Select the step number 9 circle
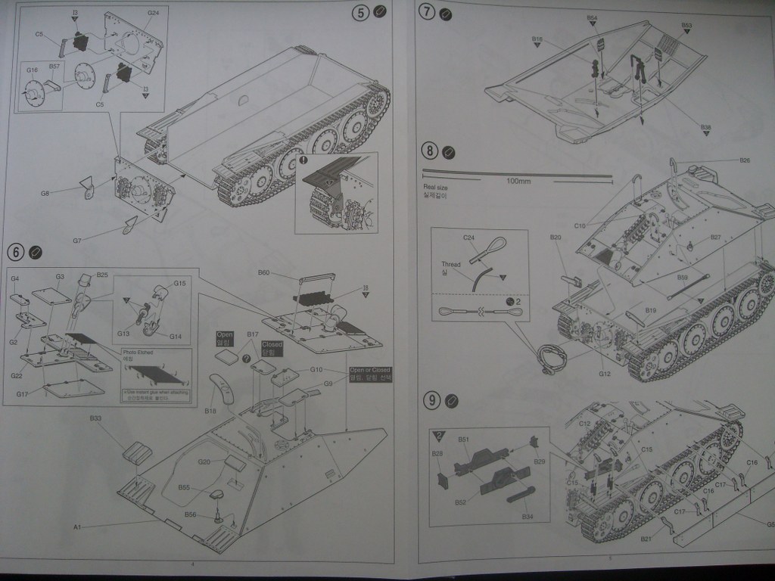coord(431,401)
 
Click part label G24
coord(154,13)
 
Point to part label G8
coord(45,194)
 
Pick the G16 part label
coord(32,70)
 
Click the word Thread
coord(451,264)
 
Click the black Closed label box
coord(272,349)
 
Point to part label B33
coord(95,418)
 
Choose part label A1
coord(76,526)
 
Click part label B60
coord(263,272)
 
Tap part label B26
coord(744,160)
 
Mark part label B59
coord(682,278)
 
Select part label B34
coord(528,516)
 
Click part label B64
coord(592,17)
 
